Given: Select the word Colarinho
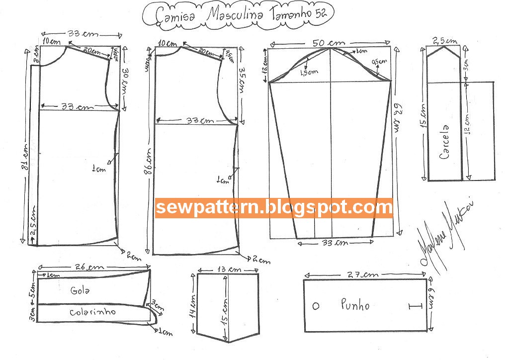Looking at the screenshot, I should click(x=92, y=312).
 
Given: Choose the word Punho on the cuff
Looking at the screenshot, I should click(x=355, y=304).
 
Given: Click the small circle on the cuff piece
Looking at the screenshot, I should click(x=316, y=306).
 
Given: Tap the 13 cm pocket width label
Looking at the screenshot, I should click(x=228, y=269).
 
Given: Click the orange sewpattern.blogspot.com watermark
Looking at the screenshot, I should click(x=274, y=207).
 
